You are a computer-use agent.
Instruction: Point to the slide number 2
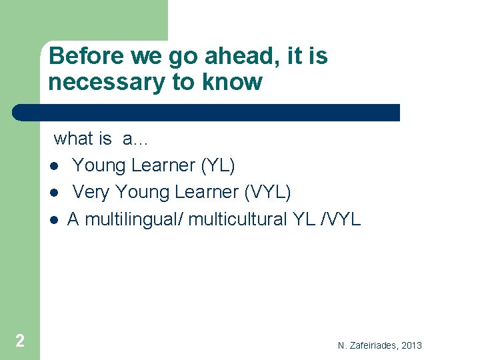[20, 341]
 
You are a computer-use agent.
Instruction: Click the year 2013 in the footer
[411, 345]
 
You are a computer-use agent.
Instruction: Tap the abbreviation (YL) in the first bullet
[218, 165]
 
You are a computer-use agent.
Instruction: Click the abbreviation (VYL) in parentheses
[268, 192]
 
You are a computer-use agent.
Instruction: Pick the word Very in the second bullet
[91, 192]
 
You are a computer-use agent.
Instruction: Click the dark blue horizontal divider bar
[207, 112]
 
